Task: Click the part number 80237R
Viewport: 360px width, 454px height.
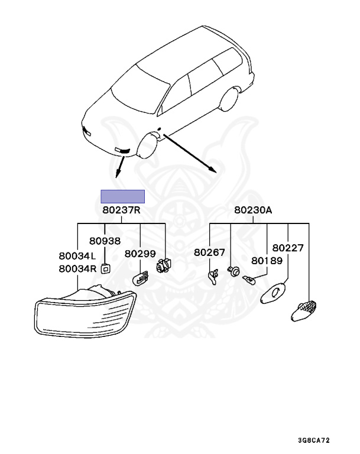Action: point(121,210)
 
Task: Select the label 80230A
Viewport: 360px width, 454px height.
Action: point(253,210)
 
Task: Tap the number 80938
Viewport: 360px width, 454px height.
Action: point(105,241)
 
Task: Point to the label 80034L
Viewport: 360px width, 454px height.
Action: point(77,256)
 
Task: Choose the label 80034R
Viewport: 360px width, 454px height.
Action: point(77,269)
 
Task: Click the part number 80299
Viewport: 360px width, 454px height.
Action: point(140,254)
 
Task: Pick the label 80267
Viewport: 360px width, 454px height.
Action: point(209,252)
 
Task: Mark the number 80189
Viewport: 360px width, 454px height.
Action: point(267,261)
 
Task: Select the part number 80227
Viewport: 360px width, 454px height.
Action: point(288,248)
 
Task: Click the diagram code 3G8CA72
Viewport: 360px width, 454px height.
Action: point(314,440)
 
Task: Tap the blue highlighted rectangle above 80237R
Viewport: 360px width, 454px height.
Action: point(122,197)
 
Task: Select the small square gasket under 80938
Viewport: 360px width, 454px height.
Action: point(105,269)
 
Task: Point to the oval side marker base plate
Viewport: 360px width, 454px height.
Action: point(273,294)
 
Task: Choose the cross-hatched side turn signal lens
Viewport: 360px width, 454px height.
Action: point(303,311)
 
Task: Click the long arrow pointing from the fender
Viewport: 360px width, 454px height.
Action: point(190,153)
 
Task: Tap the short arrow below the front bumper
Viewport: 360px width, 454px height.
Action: point(120,167)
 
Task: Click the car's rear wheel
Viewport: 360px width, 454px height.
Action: point(230,98)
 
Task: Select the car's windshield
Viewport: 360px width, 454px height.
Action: point(141,89)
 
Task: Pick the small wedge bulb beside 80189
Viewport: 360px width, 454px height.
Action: point(249,280)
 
